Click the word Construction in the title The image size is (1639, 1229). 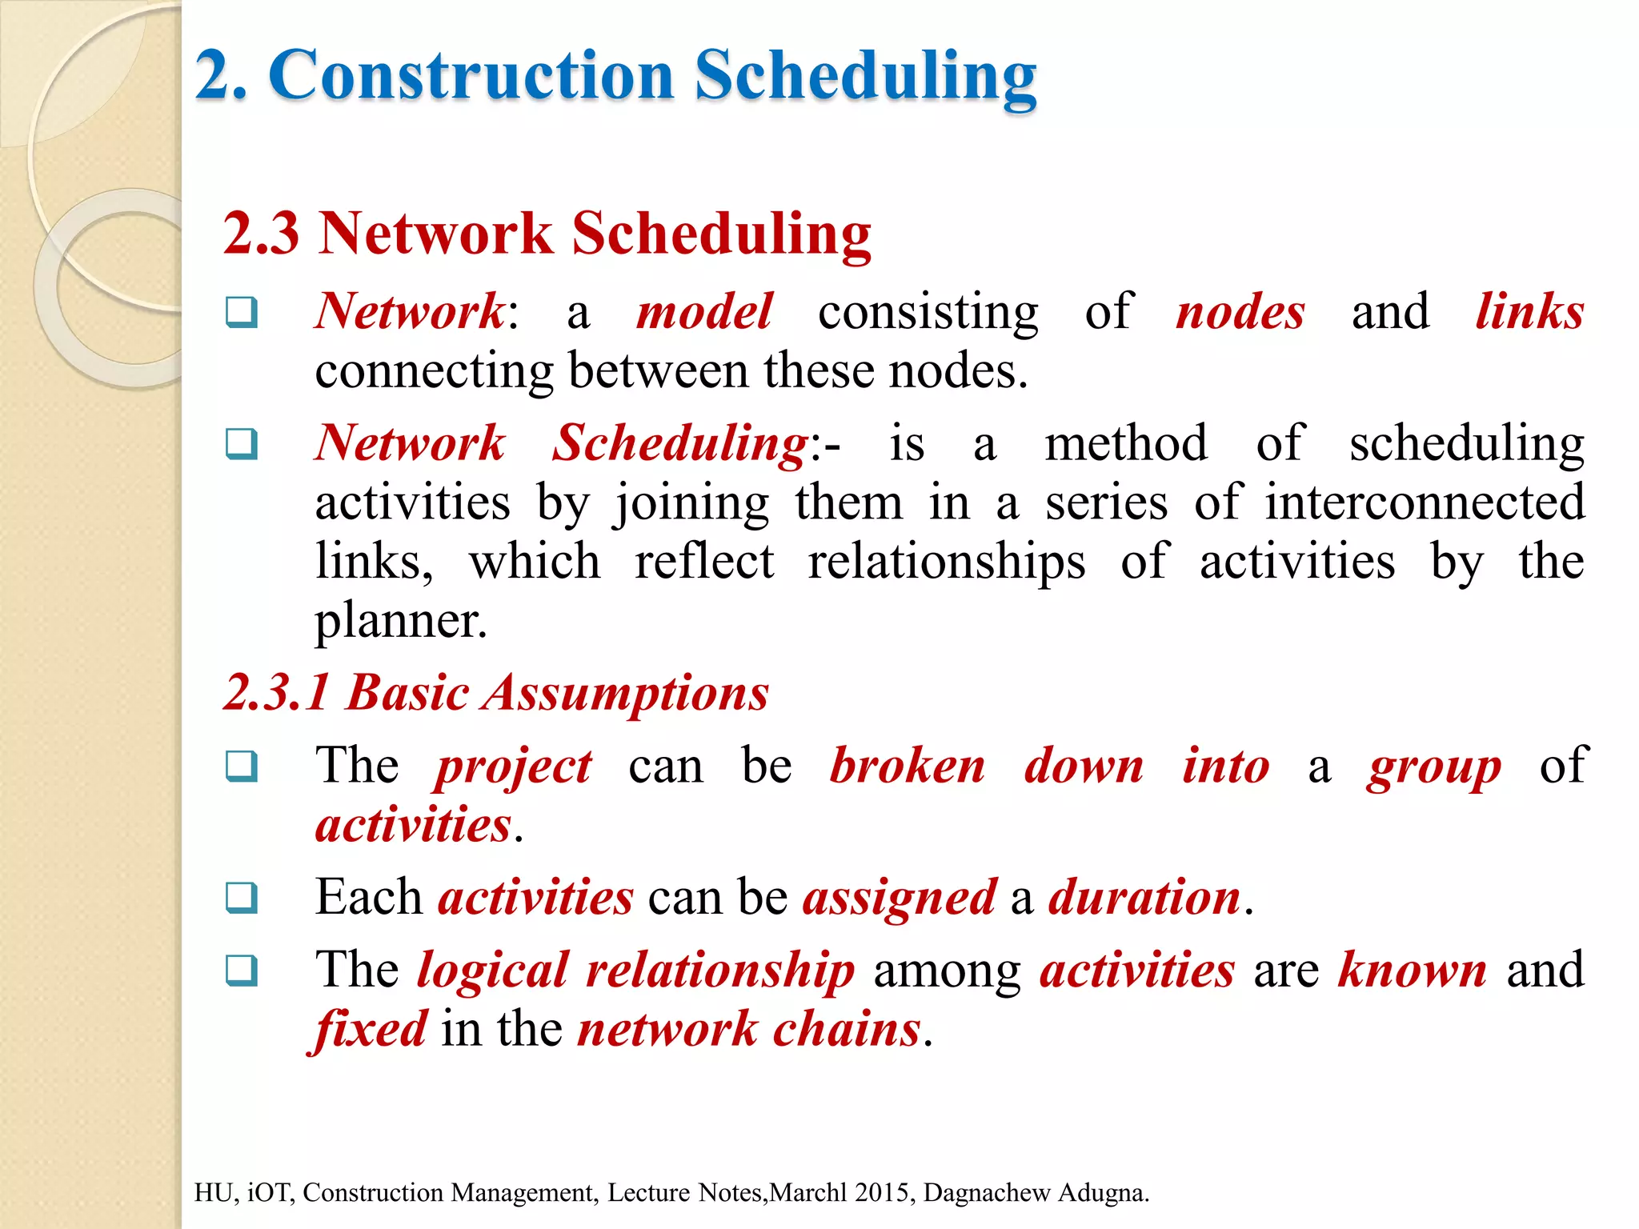(x=472, y=75)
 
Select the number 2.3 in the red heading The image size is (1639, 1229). (x=261, y=234)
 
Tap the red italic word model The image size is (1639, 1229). (x=704, y=311)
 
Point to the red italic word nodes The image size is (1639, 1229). (x=1240, y=311)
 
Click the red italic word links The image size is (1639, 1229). (x=1529, y=311)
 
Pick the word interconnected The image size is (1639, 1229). (x=1425, y=503)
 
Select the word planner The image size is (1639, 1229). (x=400, y=622)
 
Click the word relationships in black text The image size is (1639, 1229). (x=947, y=562)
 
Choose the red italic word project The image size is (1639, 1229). (x=513, y=767)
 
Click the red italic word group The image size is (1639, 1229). (x=1434, y=767)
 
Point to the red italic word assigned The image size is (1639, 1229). (x=900, y=898)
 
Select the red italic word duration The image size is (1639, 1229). (x=1144, y=898)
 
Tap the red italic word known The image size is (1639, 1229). (x=1413, y=971)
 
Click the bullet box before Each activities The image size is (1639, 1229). (x=242, y=898)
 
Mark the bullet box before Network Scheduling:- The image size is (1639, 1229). (x=242, y=443)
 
